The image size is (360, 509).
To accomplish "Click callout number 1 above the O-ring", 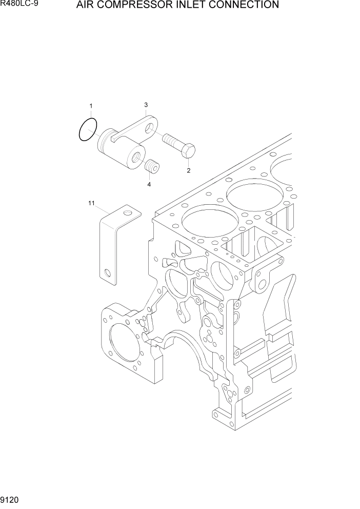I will (x=91, y=106).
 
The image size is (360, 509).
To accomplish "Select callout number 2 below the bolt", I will (x=188, y=170).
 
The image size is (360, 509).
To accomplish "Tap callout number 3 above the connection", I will (x=146, y=105).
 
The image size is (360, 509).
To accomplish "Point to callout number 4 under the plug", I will (x=149, y=184).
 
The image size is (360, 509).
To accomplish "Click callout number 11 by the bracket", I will (x=91, y=204).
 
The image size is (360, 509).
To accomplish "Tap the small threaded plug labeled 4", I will (x=152, y=167).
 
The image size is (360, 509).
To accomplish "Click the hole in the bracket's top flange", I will (x=129, y=211).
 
